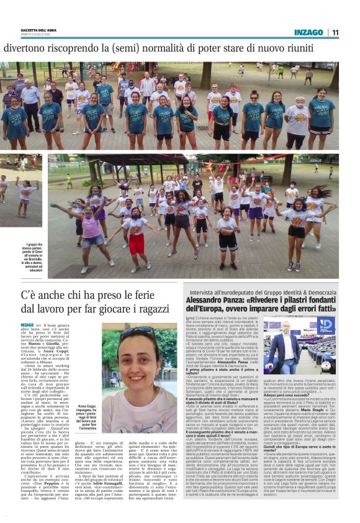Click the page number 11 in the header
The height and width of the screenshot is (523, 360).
coord(335,32)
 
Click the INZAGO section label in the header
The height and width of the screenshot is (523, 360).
coord(308,32)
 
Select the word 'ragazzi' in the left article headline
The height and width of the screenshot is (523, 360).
coord(146,309)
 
